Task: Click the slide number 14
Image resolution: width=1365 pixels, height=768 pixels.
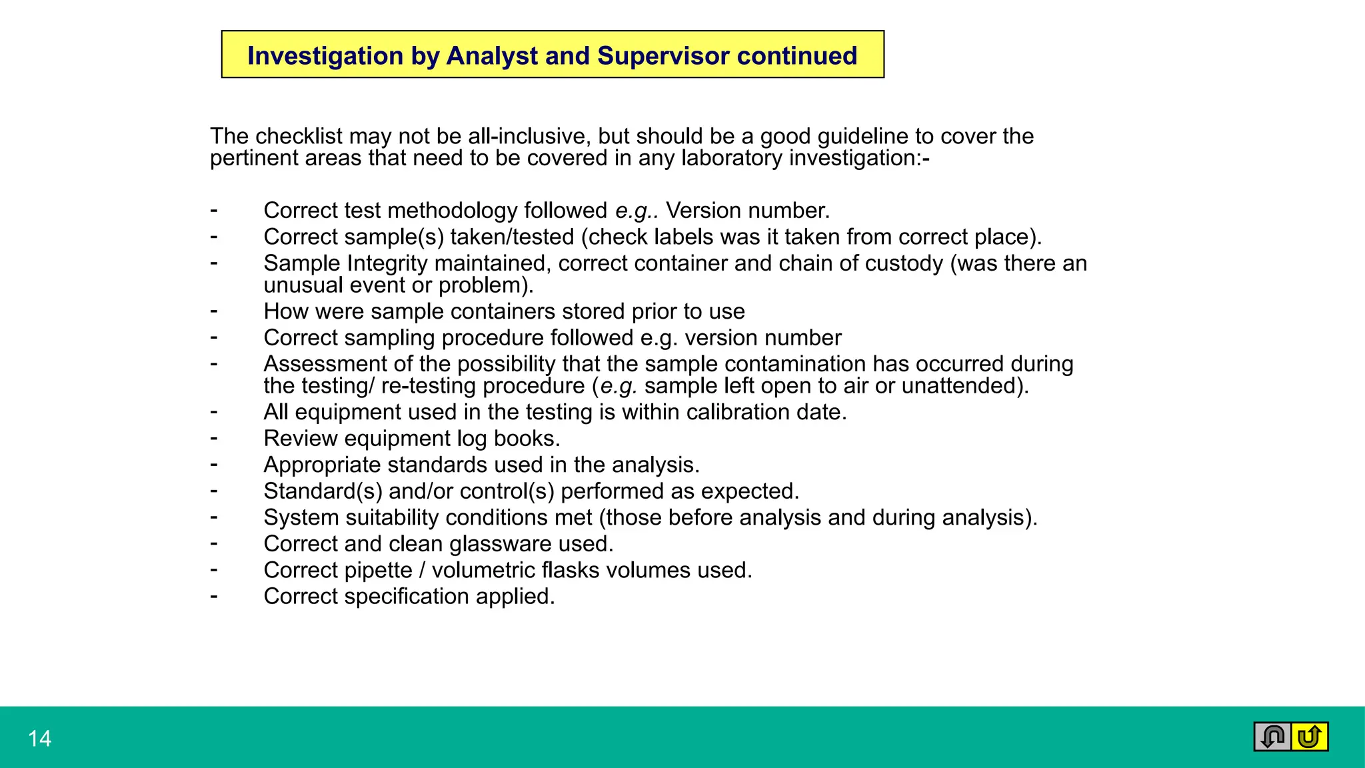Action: point(39,739)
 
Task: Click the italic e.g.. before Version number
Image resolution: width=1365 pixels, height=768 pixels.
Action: point(637,211)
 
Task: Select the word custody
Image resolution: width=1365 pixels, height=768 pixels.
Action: point(904,264)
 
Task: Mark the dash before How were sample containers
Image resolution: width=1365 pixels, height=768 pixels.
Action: point(214,311)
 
